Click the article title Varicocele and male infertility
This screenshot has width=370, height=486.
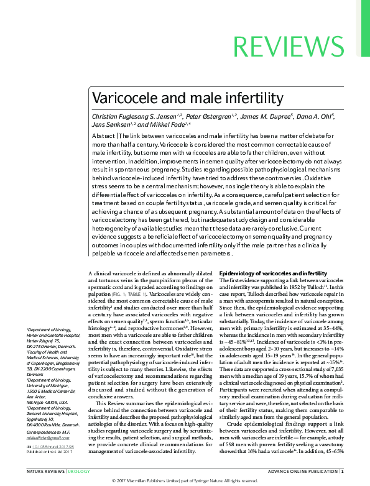187,98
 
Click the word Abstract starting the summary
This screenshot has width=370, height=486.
103,135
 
